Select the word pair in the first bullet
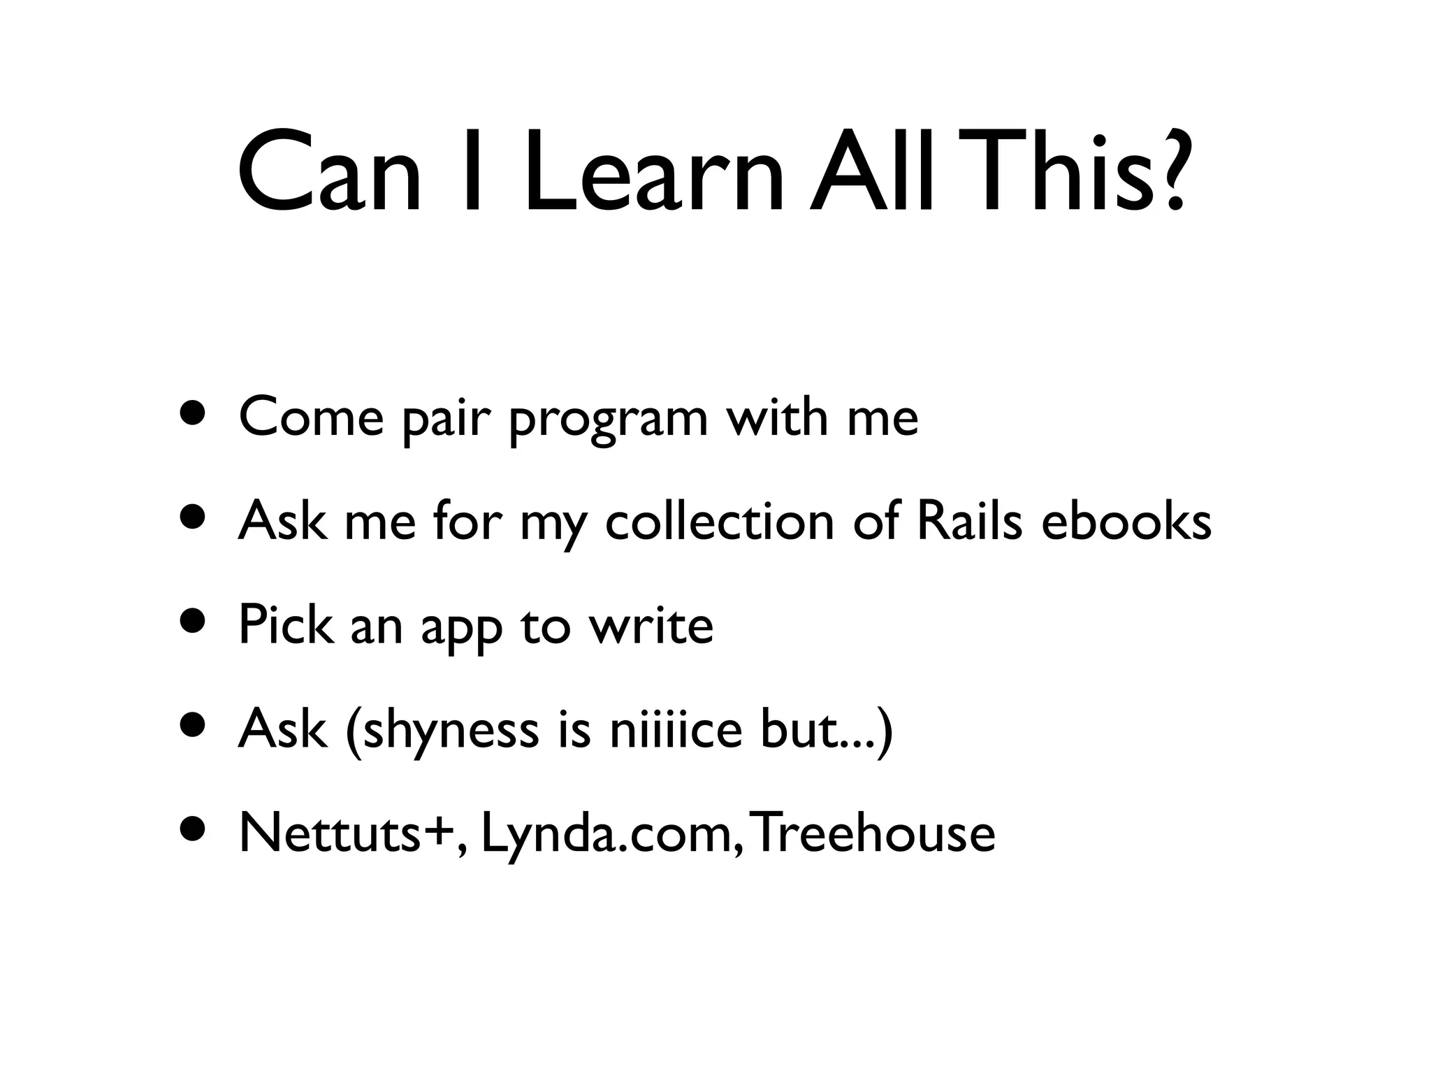coord(443,420)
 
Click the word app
coord(461,628)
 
